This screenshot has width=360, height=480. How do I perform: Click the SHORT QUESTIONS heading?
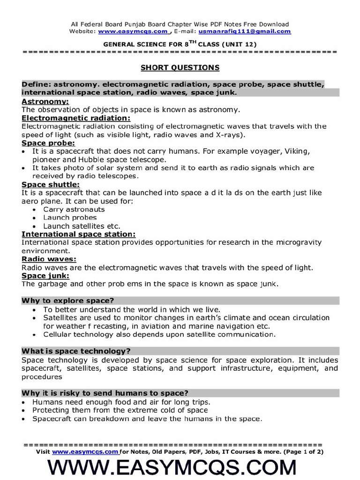tap(180, 67)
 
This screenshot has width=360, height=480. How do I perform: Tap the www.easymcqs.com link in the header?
tap(133, 31)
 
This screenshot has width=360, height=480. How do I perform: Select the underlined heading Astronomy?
tap(45, 102)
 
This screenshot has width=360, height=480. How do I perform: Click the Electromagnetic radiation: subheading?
tap(76, 118)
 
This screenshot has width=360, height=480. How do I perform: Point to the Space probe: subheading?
tap(48, 143)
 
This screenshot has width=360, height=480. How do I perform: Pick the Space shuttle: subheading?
tap(51, 185)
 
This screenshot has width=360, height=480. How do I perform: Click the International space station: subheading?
tap(79, 234)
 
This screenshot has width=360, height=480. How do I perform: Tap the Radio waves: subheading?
tap(49, 259)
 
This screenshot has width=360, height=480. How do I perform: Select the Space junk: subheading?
tap(45, 276)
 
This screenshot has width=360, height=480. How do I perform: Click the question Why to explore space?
tap(68, 300)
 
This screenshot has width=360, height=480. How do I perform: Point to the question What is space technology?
tap(76, 351)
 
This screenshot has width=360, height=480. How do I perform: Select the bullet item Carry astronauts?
tap(74, 210)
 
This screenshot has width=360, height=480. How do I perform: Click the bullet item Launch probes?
tap(70, 217)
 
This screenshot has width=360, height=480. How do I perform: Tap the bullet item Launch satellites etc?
tap(82, 226)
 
